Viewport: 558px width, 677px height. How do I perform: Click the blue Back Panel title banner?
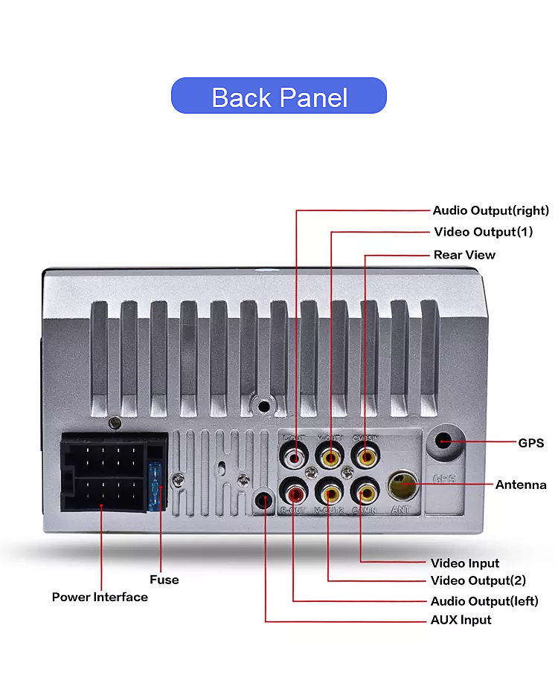(x=279, y=96)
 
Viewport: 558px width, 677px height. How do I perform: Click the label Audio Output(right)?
(x=491, y=210)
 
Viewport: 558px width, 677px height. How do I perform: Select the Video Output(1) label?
(x=483, y=232)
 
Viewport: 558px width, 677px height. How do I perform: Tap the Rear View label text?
(x=464, y=255)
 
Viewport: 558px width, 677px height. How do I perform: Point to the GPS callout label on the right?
(x=530, y=443)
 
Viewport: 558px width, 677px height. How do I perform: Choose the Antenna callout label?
(x=521, y=485)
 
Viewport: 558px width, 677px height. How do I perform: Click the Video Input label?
(x=465, y=563)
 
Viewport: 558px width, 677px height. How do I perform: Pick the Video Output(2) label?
(x=478, y=580)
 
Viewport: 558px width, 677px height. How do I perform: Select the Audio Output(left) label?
(x=484, y=601)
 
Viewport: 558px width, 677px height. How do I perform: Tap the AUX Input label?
(x=461, y=620)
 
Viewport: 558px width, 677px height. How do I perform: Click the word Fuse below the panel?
(x=164, y=580)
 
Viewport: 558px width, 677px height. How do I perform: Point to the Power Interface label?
(x=100, y=597)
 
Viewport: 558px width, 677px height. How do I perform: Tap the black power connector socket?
(x=104, y=473)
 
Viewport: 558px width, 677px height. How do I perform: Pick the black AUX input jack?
(x=265, y=499)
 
